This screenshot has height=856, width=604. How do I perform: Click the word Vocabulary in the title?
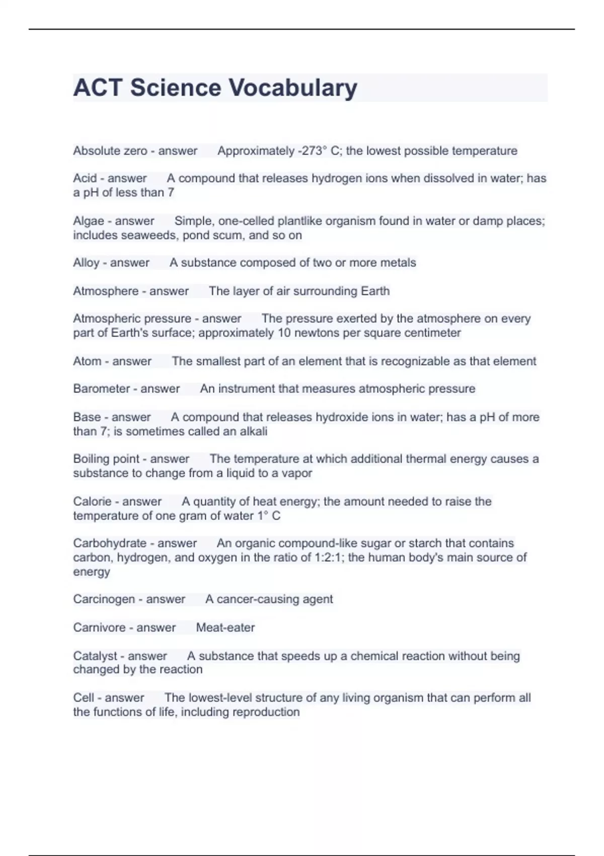293,88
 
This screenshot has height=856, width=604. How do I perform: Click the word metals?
397,263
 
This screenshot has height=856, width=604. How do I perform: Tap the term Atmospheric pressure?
132,319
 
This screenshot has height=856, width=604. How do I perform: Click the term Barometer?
101,389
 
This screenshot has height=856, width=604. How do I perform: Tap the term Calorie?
92,502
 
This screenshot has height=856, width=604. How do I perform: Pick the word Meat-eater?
225,627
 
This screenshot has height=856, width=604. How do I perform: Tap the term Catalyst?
95,656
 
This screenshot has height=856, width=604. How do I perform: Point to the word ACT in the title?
98,88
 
